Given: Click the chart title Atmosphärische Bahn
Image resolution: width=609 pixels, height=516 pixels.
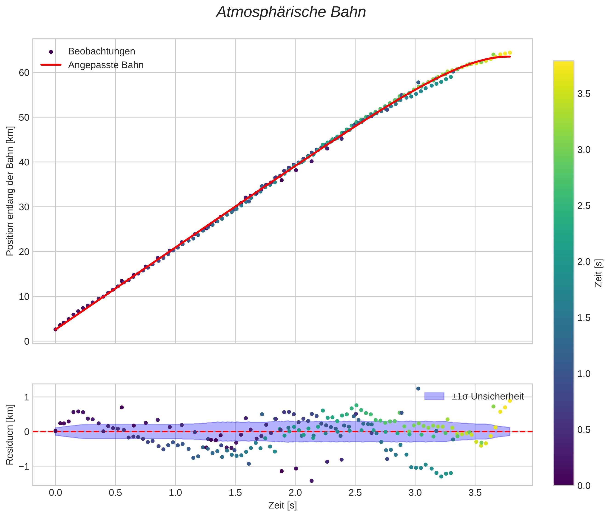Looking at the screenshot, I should pyautogui.click(x=291, y=12).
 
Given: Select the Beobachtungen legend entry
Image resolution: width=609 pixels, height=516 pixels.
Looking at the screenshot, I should pyautogui.click(x=101, y=51).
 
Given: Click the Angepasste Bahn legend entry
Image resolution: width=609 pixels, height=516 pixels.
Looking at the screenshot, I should pyautogui.click(x=106, y=65).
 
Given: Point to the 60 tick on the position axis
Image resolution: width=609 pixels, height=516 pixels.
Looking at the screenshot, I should pyautogui.click(x=24, y=73).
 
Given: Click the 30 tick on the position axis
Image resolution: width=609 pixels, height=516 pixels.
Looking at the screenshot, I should pyautogui.click(x=24, y=207).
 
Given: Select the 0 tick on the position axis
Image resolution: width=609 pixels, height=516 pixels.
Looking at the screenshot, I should pyautogui.click(x=27, y=341).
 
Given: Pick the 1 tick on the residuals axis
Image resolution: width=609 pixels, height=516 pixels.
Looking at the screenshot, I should pyautogui.click(x=27, y=397).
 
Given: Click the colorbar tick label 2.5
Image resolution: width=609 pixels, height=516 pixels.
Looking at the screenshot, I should pyautogui.click(x=584, y=206).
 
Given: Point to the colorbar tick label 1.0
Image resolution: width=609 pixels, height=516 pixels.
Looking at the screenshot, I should pyautogui.click(x=584, y=374).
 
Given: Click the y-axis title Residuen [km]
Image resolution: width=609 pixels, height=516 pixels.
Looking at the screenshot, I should pyautogui.click(x=10, y=435).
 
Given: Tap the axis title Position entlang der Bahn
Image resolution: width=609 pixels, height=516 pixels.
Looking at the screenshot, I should pyautogui.click(x=10, y=191).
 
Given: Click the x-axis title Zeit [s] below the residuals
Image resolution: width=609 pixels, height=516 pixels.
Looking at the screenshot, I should pyautogui.click(x=282, y=505).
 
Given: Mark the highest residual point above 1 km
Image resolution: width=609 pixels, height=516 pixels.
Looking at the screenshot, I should pyautogui.click(x=418, y=388).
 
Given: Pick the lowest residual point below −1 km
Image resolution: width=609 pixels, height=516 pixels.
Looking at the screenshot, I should pyautogui.click(x=311, y=481).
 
